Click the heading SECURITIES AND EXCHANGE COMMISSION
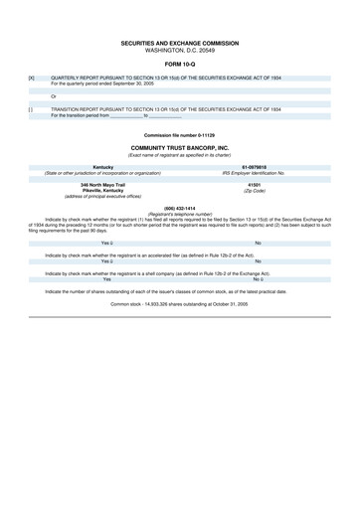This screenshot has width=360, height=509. coord(180,44)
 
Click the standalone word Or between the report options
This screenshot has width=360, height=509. coord(54,95)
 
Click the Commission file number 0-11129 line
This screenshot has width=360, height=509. coord(180,134)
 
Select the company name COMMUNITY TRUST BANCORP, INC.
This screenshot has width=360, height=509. coord(180,147)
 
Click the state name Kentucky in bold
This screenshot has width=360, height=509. coord(102,167)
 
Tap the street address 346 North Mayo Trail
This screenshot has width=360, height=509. coord(102,185)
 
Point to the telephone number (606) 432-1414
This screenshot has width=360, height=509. coord(180,208)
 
